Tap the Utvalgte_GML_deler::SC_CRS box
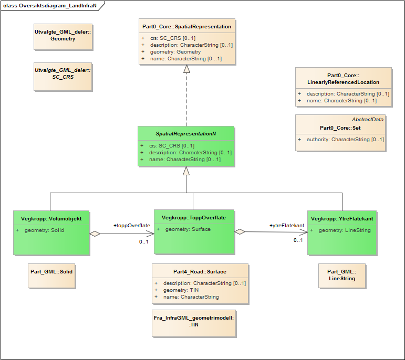[63, 73]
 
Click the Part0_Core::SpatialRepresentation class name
[186, 26]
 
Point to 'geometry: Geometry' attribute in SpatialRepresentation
[175, 52]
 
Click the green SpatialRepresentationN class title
[185, 134]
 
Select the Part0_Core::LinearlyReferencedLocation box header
[343, 79]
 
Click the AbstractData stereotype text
[367, 119]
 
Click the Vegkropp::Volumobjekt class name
[51, 218]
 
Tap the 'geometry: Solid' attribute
[45, 230]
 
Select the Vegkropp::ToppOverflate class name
[194, 217]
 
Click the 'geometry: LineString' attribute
[345, 230]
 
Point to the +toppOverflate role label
[132, 226]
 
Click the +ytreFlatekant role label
[287, 226]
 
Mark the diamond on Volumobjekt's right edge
[95, 234]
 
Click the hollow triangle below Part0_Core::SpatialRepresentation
[186, 69]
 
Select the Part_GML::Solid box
[51, 272]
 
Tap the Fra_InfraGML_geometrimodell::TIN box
[194, 321]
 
